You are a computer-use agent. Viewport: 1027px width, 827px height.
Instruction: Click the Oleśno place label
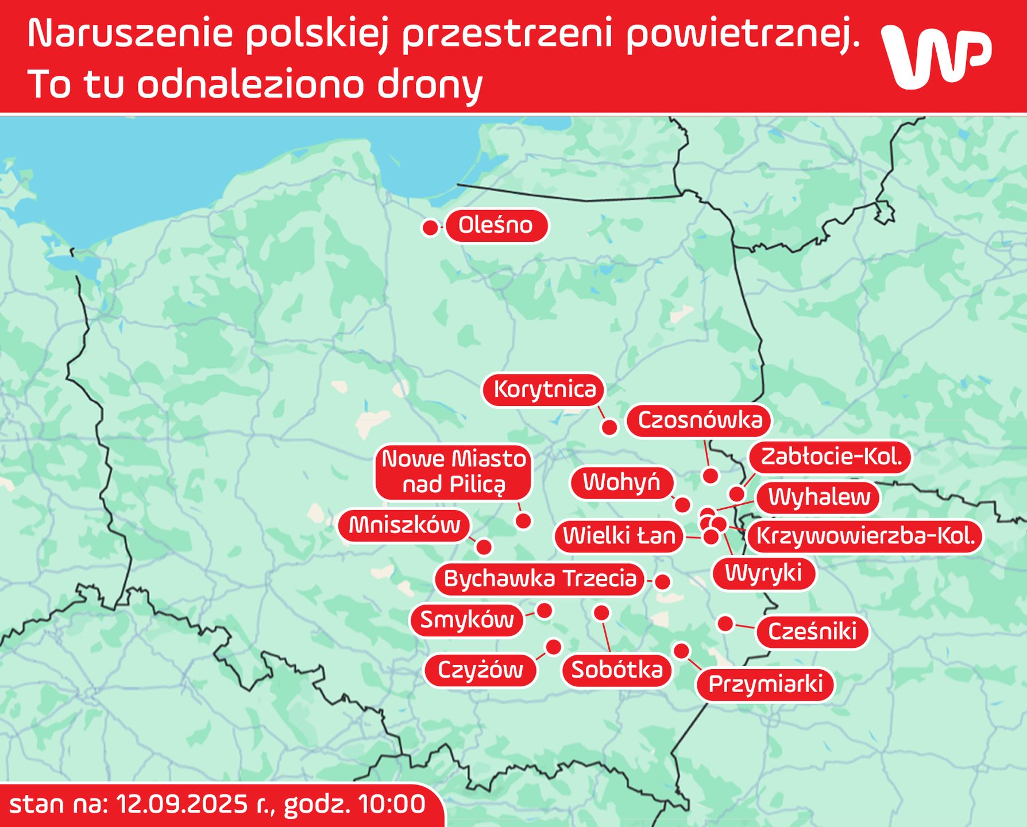point(496,225)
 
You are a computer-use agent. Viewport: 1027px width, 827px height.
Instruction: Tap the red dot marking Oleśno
point(430,228)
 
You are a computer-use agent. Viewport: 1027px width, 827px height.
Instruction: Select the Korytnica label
point(545,389)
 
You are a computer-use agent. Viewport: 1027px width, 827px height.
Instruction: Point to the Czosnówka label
point(700,420)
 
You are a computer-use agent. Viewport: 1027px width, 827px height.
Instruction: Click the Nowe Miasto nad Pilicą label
point(454,472)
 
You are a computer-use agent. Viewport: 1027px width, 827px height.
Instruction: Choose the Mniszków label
point(404,525)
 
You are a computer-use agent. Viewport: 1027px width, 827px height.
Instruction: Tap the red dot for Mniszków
point(484,547)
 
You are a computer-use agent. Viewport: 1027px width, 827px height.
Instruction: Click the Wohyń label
point(621,482)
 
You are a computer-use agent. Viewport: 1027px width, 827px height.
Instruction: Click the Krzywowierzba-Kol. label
point(865,536)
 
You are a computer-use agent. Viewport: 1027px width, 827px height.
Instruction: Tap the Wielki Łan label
point(619,536)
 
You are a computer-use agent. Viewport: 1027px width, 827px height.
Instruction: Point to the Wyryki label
point(763,573)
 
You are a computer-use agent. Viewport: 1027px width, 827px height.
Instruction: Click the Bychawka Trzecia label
point(540,578)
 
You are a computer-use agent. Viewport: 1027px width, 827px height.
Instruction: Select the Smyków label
point(467,620)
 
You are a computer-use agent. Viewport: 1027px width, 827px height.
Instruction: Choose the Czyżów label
point(480,670)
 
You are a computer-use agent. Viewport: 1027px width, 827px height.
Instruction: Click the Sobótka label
point(617,670)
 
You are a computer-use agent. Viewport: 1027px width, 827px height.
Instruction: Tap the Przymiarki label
point(765,684)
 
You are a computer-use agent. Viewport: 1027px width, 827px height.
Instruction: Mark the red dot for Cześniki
point(725,623)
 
